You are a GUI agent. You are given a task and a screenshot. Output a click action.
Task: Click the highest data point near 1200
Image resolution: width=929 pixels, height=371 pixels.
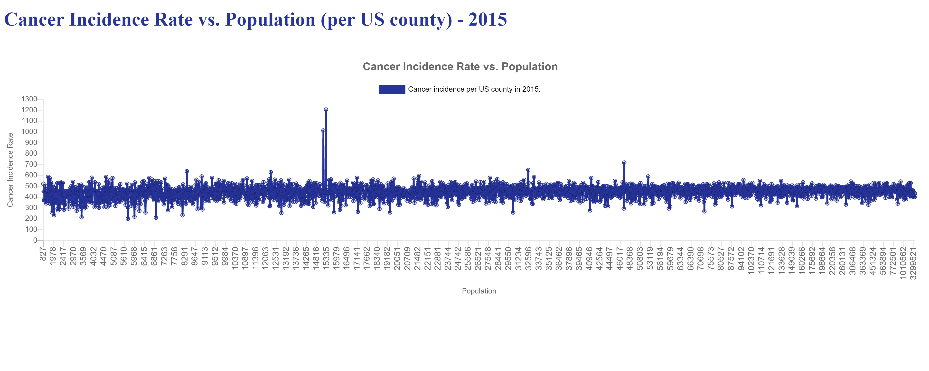326,110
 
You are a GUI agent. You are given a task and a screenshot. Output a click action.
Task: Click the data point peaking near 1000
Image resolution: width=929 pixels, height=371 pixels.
323,131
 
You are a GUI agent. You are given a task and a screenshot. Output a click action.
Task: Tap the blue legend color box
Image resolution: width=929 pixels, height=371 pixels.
392,89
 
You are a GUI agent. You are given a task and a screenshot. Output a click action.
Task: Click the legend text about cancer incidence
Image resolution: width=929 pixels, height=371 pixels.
474,89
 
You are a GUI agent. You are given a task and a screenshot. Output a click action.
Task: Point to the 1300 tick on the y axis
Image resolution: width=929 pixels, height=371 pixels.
29,99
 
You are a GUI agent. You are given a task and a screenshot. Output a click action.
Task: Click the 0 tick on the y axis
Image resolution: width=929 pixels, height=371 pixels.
35,240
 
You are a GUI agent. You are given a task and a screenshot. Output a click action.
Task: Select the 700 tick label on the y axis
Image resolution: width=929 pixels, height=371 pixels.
29,165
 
